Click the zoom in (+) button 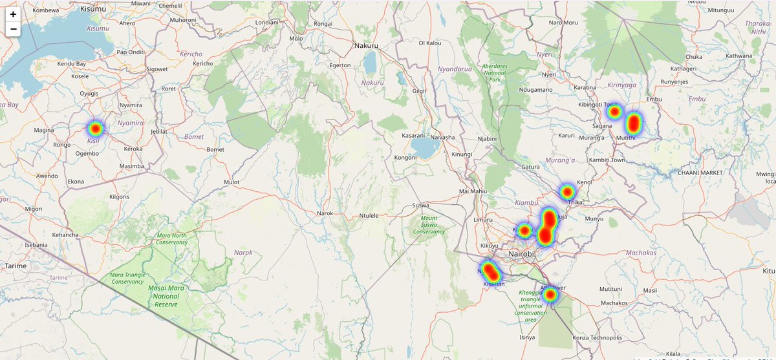point(13,14)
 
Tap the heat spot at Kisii point(95,128)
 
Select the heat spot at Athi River point(550,295)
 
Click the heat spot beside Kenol point(567,191)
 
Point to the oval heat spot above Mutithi point(634,122)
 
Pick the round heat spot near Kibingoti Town point(614,112)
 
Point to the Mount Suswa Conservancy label point(429,225)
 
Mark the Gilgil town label point(420,91)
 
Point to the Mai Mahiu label point(472,191)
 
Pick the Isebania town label point(36,245)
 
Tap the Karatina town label point(585,87)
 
